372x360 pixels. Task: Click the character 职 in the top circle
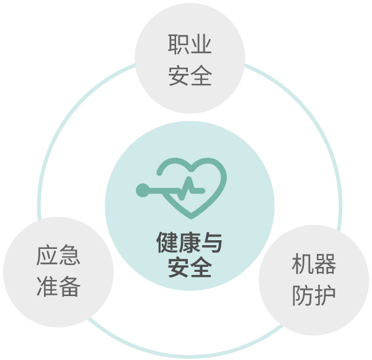click(179, 44)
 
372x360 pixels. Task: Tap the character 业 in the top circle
click(201, 44)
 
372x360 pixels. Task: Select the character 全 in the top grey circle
click(201, 75)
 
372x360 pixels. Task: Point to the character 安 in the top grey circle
click(179, 75)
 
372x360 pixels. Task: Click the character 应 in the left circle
click(47, 255)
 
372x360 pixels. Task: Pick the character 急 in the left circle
click(69, 255)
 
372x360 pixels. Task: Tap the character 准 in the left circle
click(47, 286)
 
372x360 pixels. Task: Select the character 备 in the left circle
click(69, 286)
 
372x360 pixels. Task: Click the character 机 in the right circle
click(303, 264)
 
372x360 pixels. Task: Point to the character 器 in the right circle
click(325, 264)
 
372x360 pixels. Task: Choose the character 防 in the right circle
click(303, 295)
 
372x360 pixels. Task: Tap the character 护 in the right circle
click(325, 295)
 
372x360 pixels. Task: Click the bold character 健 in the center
click(167, 242)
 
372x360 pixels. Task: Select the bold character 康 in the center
click(190, 242)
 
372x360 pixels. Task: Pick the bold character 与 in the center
click(212, 242)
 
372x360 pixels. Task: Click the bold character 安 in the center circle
click(179, 267)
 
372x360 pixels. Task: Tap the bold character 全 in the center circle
click(201, 267)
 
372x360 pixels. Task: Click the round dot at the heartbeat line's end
click(143, 190)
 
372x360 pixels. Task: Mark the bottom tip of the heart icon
click(192, 217)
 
